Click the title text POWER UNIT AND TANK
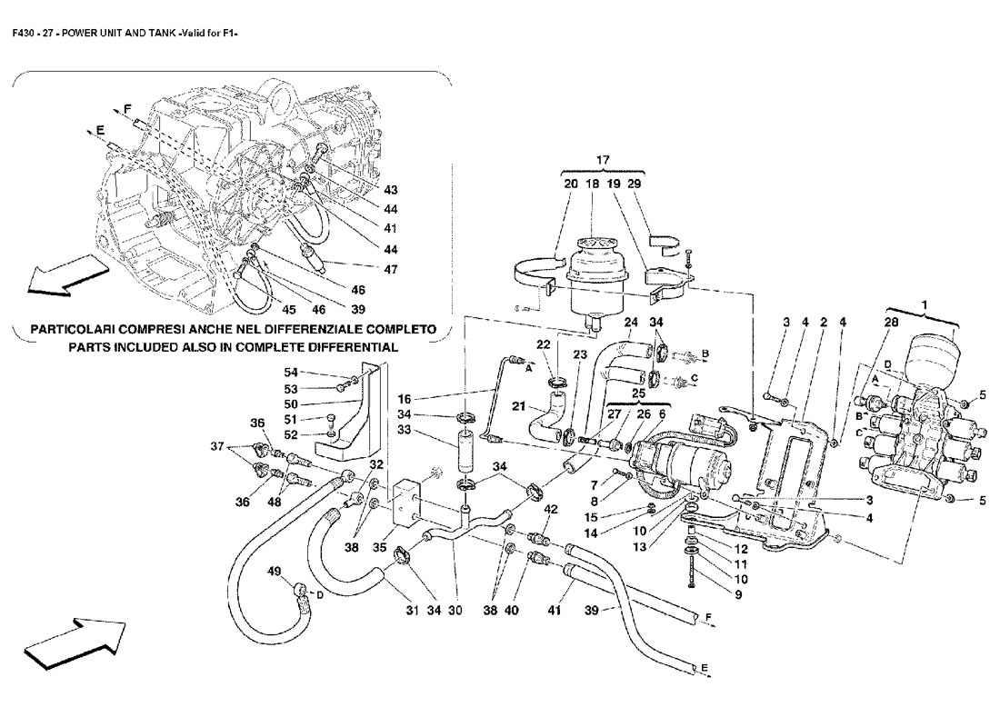coord(117,35)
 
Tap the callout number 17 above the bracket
coord(602,161)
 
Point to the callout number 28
coord(890,321)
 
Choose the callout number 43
coord(391,191)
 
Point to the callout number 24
coord(632,322)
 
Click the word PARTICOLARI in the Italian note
coord(76,328)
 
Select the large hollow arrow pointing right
coord(75,639)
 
